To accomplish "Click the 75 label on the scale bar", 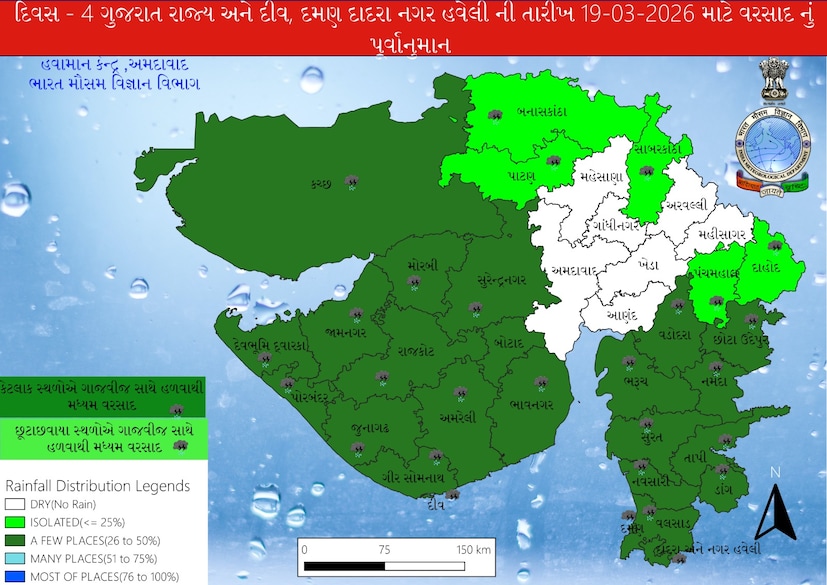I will (384, 550).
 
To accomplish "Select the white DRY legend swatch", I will (13, 505).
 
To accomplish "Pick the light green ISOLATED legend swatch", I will (13, 523).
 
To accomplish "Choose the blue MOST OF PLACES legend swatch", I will (13, 576).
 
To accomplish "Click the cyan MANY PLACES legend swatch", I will (13, 558).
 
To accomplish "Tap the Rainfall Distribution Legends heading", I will (96, 486).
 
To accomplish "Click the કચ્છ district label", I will (321, 183).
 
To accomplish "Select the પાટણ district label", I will (519, 174).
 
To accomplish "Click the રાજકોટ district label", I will (414, 351).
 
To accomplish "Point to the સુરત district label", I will (652, 439).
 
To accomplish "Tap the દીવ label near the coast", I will (433, 504).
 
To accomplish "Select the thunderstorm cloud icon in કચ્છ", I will (351, 181).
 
